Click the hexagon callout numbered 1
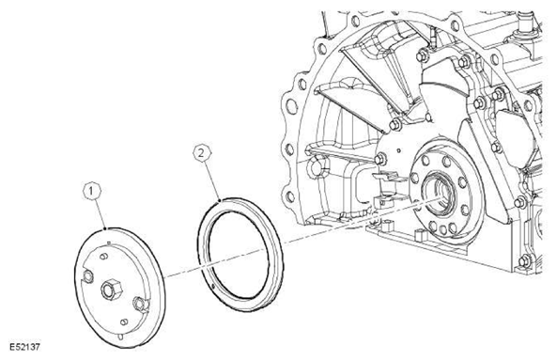click(92, 192)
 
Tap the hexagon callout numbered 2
click(202, 153)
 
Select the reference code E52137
click(24, 347)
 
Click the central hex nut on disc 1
click(111, 289)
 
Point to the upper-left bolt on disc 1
click(87, 276)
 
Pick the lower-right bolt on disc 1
click(139, 304)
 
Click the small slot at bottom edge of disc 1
click(121, 337)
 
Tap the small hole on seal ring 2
click(212, 286)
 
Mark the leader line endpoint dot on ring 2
click(220, 201)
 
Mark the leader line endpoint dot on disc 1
click(105, 229)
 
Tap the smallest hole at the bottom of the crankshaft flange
click(442, 229)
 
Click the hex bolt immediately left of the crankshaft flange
click(380, 159)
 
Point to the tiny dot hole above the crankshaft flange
click(399, 150)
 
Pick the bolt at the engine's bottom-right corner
click(525, 261)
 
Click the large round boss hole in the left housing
click(315, 166)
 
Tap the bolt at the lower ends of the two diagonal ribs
click(395, 124)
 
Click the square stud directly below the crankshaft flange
click(421, 235)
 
